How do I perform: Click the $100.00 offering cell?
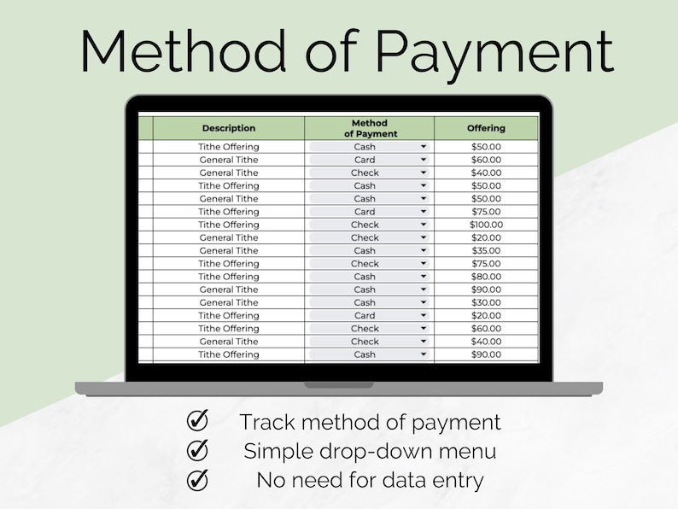[486, 225]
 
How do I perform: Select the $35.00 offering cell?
[486, 251]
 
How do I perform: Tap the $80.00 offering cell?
[486, 277]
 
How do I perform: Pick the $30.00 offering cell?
[486, 302]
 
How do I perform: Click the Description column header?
[228, 128]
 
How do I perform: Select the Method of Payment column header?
[370, 128]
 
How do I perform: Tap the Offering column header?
[486, 128]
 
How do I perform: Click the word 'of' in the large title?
[329, 52]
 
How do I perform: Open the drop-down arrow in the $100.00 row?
[423, 225]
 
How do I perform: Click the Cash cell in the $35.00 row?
[365, 251]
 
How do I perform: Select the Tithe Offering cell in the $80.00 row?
[228, 277]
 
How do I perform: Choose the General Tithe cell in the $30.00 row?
[228, 302]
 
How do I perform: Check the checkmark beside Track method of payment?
[198, 421]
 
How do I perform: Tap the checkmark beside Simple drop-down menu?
[198, 450]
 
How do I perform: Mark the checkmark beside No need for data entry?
[198, 480]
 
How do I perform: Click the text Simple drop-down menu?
[370, 451]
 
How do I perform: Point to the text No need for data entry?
[370, 480]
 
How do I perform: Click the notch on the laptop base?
[339, 385]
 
